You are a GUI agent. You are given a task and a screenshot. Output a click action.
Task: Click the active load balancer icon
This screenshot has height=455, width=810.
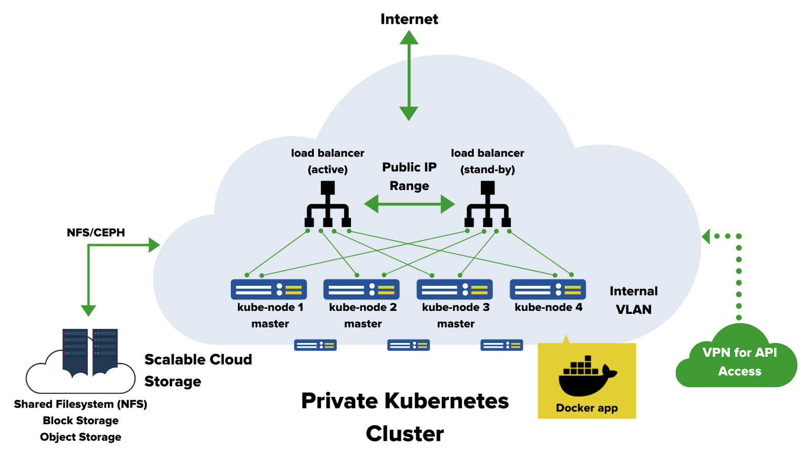pyautogui.click(x=328, y=204)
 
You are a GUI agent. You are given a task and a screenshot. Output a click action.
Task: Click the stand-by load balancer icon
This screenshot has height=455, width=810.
pyautogui.click(x=488, y=204)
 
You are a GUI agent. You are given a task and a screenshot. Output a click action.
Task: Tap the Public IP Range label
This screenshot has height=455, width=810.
pyautogui.click(x=409, y=176)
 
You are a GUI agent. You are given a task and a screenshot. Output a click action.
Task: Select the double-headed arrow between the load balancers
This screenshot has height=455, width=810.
pyautogui.click(x=410, y=204)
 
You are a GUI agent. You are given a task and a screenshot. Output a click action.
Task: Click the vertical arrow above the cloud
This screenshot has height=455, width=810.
pyautogui.click(x=409, y=75)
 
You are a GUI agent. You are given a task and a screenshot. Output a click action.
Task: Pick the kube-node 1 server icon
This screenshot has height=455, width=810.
pyautogui.click(x=269, y=290)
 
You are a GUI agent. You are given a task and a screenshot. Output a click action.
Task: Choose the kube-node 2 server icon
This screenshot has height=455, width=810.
pyautogui.click(x=361, y=290)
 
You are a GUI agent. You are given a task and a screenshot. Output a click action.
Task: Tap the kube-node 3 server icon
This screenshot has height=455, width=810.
pyautogui.click(x=455, y=290)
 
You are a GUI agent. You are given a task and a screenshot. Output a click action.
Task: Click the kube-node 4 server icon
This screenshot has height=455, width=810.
pyautogui.click(x=548, y=290)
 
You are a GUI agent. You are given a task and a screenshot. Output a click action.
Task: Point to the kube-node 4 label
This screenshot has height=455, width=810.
pyautogui.click(x=548, y=307)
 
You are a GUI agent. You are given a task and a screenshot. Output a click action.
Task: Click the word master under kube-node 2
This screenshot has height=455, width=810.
pyautogui.click(x=363, y=324)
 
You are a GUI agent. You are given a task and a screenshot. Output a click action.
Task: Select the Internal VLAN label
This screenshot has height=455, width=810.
pyautogui.click(x=633, y=300)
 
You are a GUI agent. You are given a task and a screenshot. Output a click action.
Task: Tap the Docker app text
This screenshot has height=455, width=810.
pyautogui.click(x=587, y=408)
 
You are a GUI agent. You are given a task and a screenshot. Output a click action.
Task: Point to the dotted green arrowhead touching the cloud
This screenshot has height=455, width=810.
pyautogui.click(x=706, y=236)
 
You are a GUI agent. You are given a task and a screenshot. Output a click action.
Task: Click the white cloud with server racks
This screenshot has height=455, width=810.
pyautogui.click(x=80, y=372)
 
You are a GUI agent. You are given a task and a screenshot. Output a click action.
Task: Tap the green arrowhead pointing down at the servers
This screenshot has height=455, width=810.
pyautogui.click(x=89, y=310)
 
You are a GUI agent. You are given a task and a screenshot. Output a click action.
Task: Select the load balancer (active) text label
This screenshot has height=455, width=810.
pyautogui.click(x=328, y=161)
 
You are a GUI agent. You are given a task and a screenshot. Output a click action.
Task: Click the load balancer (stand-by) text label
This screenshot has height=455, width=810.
pyautogui.click(x=488, y=161)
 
